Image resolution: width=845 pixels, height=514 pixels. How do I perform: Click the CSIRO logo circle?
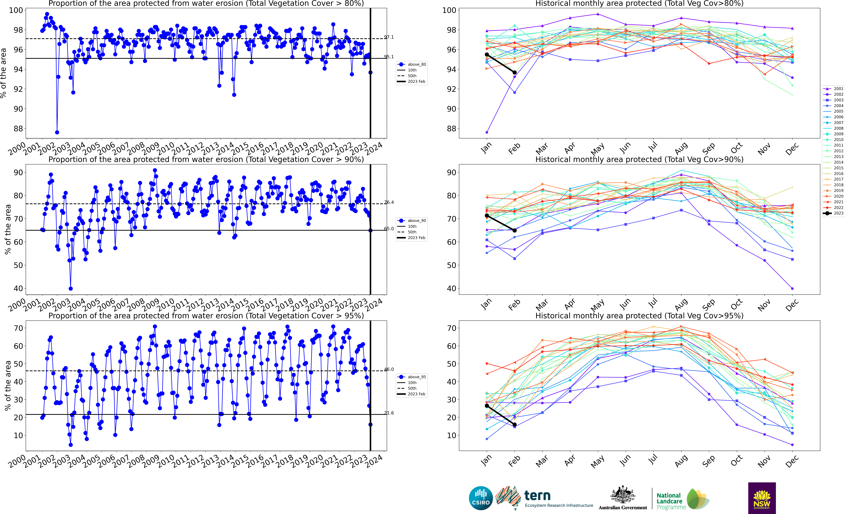pos(481,498)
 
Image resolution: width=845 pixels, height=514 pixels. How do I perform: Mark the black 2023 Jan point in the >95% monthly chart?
pos(487,406)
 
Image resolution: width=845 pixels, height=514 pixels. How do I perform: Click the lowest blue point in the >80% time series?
pos(57,132)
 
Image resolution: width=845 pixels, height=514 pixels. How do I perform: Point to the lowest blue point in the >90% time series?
pos(71,288)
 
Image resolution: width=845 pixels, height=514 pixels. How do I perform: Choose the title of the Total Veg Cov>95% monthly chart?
pos(639,316)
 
